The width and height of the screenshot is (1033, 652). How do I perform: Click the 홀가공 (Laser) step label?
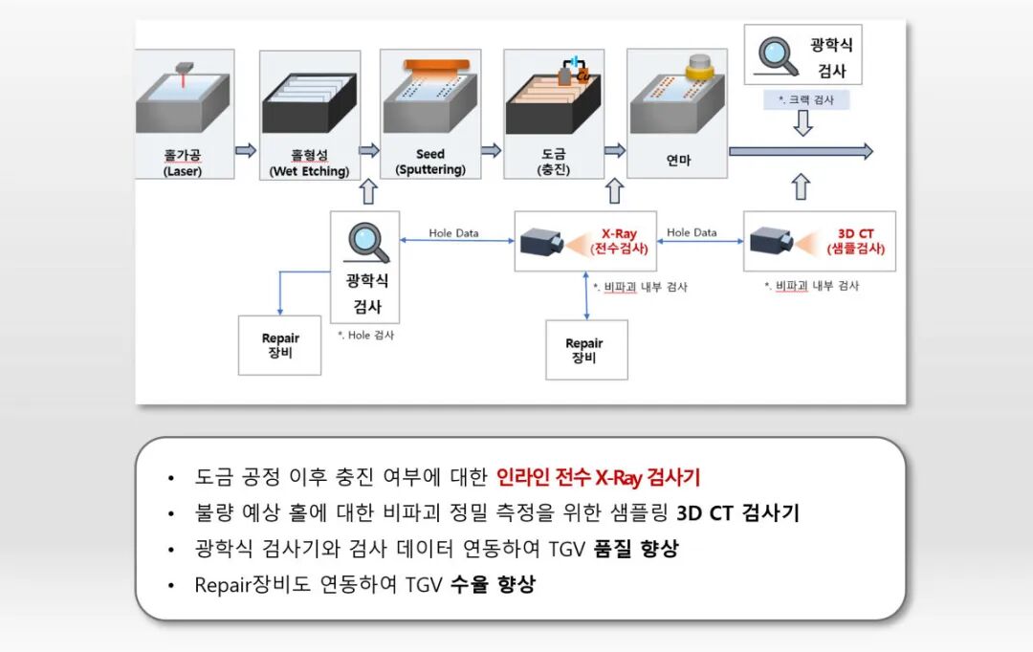[184, 162]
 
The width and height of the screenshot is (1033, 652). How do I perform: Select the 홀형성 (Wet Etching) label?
[309, 162]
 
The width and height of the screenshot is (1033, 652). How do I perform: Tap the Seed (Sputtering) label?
[430, 162]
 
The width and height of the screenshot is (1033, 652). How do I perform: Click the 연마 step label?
[678, 161]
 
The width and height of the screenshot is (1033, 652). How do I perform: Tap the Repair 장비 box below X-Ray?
[584, 350]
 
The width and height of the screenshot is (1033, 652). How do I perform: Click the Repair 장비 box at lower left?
[280, 345]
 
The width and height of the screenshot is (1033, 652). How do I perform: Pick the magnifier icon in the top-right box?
[777, 55]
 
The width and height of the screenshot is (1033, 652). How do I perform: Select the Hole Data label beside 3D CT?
[692, 232]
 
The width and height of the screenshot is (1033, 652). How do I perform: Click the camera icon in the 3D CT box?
[771, 242]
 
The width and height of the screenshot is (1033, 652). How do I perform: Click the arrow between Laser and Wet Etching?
[246, 150]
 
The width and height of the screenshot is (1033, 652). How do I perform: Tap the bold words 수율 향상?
[493, 584]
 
